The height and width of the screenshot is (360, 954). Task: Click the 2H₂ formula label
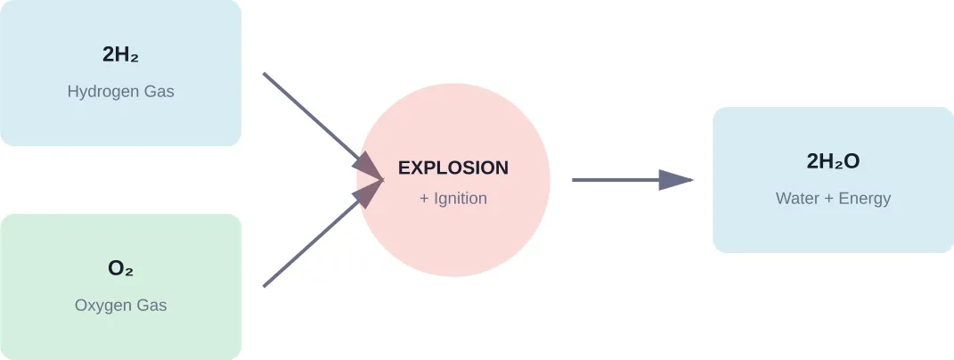click(x=120, y=55)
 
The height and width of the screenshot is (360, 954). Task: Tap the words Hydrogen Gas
click(x=120, y=92)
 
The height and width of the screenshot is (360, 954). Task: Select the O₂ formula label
click(x=120, y=268)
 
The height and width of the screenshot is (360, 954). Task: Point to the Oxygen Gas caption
click(x=120, y=306)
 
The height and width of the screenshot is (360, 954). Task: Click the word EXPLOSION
click(x=453, y=168)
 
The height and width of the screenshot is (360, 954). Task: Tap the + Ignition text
click(x=453, y=199)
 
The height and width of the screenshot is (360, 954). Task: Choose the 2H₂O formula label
click(x=833, y=161)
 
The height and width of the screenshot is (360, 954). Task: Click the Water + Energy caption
click(x=833, y=199)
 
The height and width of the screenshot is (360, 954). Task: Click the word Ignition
click(x=460, y=199)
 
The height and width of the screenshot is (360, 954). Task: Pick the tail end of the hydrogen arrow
click(x=265, y=76)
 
